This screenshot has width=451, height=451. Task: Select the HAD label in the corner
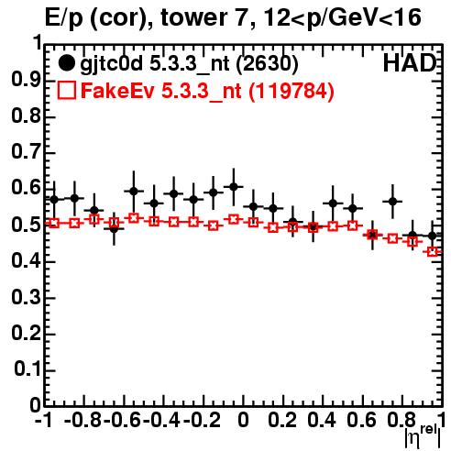coord(410,63)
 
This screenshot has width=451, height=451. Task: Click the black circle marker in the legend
coord(66,63)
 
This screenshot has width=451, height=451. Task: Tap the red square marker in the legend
coord(66,90)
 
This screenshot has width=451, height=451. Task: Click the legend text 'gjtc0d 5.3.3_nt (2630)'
coord(189,64)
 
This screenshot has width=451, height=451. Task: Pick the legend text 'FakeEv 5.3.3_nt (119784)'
coord(208,91)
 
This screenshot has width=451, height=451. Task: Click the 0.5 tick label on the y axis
coord(26,225)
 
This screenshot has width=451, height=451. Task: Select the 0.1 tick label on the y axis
coord(27,369)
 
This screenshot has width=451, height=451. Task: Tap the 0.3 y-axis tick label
coord(26,297)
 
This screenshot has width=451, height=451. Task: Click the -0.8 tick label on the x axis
coord(82,420)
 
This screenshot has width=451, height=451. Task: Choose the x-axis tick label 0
coord(243,420)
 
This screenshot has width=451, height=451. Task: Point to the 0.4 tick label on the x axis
coord(322,420)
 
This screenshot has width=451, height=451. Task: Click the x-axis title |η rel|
coord(423,436)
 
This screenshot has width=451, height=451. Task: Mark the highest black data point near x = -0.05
coord(234,186)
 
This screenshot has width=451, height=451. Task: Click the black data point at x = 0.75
coord(392,202)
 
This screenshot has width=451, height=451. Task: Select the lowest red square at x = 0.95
coord(433,252)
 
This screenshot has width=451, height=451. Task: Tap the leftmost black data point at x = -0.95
coord(54,200)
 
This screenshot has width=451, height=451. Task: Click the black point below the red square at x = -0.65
coord(114,229)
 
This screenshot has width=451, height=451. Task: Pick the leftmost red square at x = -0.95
coord(54,224)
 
